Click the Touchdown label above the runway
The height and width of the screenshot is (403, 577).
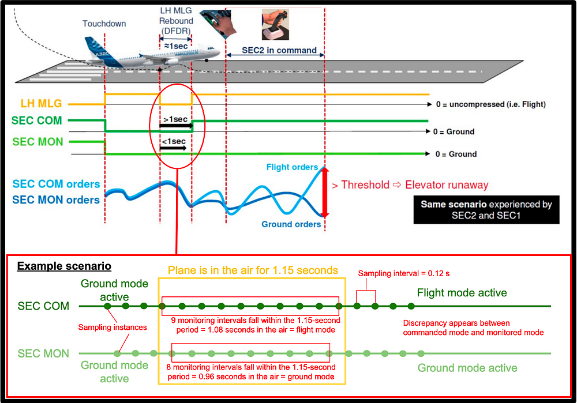pyautogui.click(x=104, y=24)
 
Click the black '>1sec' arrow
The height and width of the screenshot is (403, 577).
pyautogui.click(x=175, y=124)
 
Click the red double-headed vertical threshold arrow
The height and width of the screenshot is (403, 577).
pyautogui.click(x=324, y=191)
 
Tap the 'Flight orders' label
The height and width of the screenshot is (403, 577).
pyautogui.click(x=292, y=167)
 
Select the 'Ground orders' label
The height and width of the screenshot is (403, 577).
pyautogui.click(x=291, y=224)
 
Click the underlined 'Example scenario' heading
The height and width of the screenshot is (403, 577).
pyautogui.click(x=64, y=266)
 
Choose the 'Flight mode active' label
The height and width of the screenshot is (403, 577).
pyautogui.click(x=462, y=293)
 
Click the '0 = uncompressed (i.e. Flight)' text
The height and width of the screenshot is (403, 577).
pyautogui.click(x=490, y=104)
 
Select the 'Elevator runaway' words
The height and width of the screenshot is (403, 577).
pyautogui.click(x=447, y=185)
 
